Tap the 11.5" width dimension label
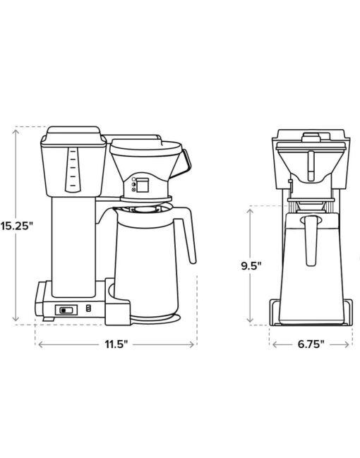[116, 344]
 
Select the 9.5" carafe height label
[251, 266]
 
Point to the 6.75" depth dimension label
[311, 344]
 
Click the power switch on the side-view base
[66, 310]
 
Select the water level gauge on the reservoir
[71, 170]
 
